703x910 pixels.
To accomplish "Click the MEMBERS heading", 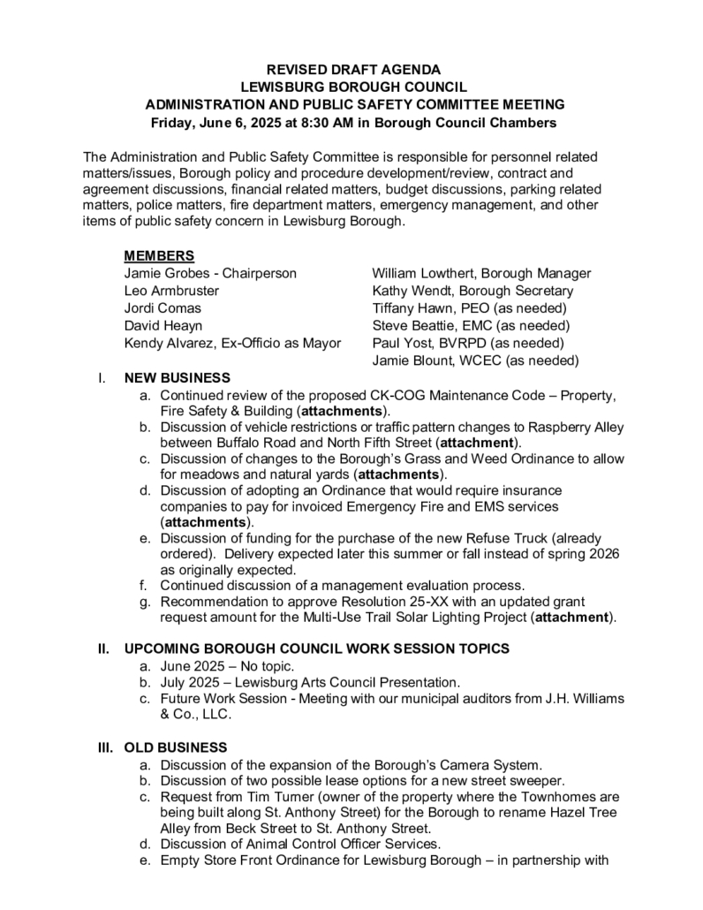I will click(x=159, y=256).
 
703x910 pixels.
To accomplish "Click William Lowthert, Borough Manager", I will click(x=481, y=273).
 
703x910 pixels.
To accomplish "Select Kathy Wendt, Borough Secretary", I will click(x=472, y=291).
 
